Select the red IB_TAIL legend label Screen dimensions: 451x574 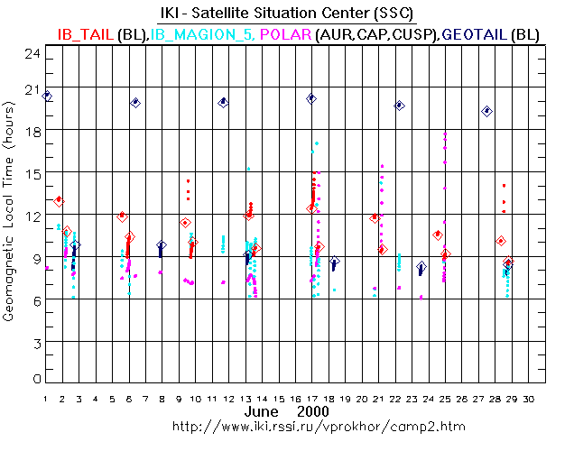[86, 33]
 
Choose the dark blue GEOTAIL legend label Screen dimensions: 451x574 [473, 33]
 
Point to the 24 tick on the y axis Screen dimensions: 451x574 [32, 53]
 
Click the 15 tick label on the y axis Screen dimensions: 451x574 [32, 173]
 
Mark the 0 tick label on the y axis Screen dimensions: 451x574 [36, 380]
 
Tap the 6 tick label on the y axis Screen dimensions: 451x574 [36, 300]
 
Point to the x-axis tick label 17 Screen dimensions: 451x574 [312, 399]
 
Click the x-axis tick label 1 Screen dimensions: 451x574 [45, 399]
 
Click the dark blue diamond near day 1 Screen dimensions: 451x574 [47, 96]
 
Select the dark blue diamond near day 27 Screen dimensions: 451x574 [487, 111]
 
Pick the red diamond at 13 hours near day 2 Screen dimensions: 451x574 [60, 201]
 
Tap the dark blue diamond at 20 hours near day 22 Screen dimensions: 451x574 [400, 106]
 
